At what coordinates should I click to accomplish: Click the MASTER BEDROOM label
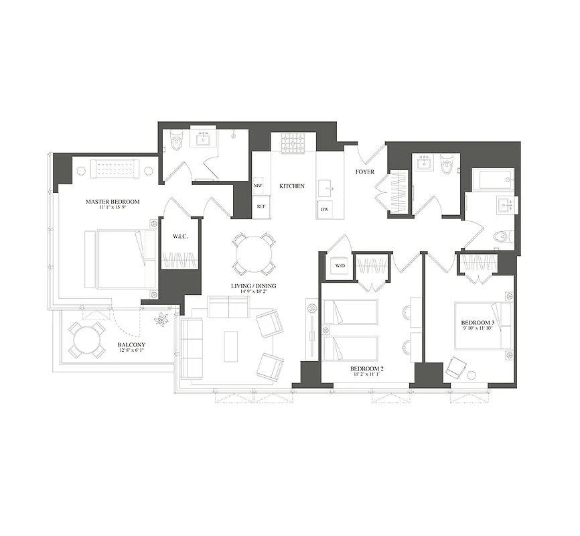[x=112, y=202]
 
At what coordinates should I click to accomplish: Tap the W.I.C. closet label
[x=179, y=235]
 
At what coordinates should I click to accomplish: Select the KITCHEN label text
[x=292, y=186]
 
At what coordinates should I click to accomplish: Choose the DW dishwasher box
[x=324, y=210]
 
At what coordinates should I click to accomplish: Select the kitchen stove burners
[x=292, y=143]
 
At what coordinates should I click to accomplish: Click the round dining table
[x=253, y=253]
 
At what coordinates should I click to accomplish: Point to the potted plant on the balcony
[x=161, y=320]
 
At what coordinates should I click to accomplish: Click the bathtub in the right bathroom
[x=492, y=180]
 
